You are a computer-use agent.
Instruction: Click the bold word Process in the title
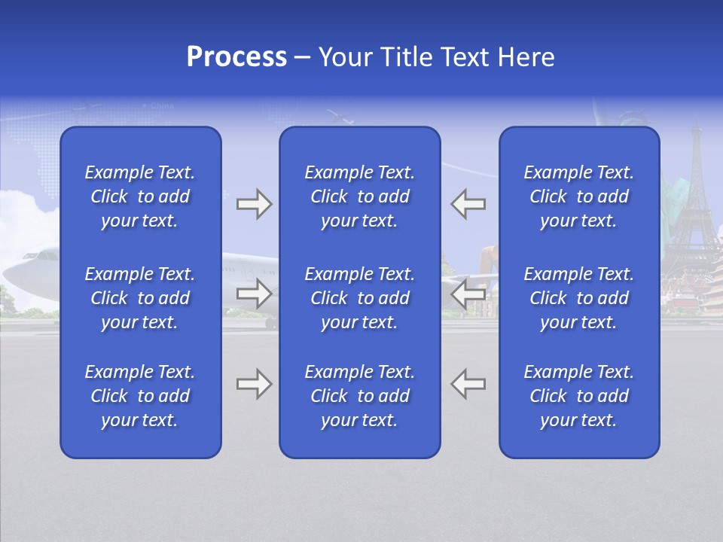point(236,57)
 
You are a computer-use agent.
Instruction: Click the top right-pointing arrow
point(254,204)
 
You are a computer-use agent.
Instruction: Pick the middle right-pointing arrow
point(254,294)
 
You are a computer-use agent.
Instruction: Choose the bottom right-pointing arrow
point(254,384)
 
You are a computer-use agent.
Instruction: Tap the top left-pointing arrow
point(468,204)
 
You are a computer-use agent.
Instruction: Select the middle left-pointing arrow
point(468,294)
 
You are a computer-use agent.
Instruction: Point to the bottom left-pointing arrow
point(468,384)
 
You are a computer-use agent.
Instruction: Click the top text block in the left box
point(140,196)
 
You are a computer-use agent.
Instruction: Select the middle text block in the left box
point(140,298)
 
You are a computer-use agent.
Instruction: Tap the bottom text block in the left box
point(140,396)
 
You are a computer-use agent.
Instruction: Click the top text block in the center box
point(359,196)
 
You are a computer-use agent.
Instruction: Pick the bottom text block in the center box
point(359,396)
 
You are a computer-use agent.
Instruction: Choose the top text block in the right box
point(578,196)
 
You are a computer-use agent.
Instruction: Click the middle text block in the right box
point(578,298)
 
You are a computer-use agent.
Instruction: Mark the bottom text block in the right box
point(578,396)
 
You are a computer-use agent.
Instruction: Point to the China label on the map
point(161,106)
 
